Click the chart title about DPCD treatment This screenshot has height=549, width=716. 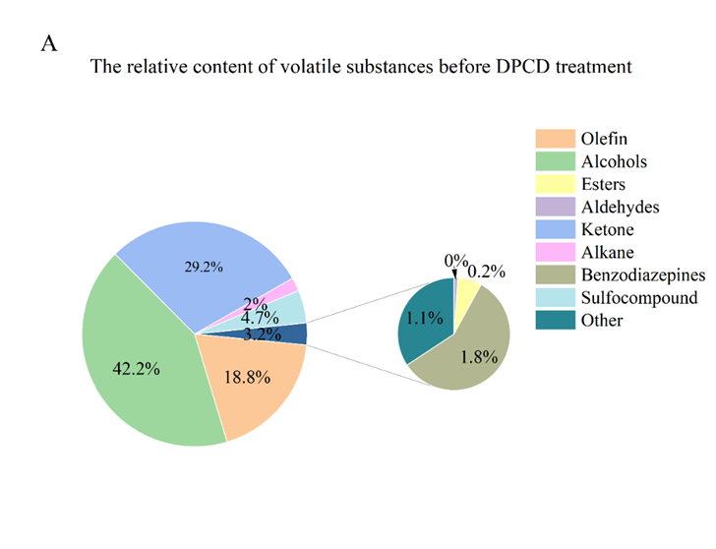tap(361, 68)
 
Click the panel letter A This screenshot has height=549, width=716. tap(49, 44)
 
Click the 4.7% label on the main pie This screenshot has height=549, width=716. tap(262, 317)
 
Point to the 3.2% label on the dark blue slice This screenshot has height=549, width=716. tap(261, 335)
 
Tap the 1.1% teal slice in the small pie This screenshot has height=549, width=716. tap(420, 319)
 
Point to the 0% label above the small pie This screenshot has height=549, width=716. tap(455, 261)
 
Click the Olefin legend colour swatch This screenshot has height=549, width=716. tap(555, 139)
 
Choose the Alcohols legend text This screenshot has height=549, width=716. tap(614, 161)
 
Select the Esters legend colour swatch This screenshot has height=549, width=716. tap(555, 184)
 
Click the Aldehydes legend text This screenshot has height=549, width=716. tap(620, 207)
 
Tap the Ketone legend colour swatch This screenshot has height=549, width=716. tap(555, 229)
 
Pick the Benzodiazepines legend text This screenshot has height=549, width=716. tap(637, 274)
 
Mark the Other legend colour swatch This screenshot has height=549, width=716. tap(555, 320)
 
